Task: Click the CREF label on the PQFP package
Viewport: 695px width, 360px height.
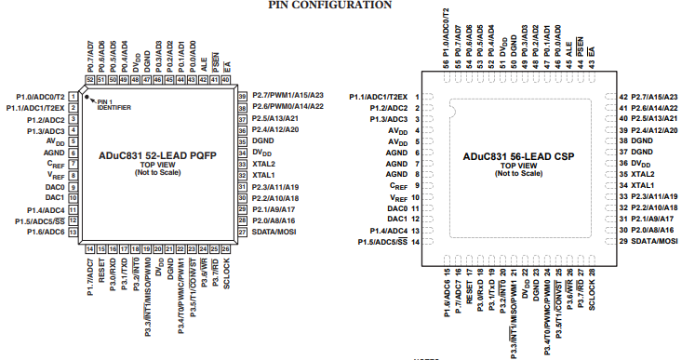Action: pos(56,163)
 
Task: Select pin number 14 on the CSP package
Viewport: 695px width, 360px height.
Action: pos(417,242)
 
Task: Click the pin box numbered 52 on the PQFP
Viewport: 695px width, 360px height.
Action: pos(90,80)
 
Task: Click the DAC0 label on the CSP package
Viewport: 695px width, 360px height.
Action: pos(396,208)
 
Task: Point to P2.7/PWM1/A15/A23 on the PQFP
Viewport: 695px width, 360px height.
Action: pos(287,96)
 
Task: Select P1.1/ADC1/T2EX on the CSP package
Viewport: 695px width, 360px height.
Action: pos(379,97)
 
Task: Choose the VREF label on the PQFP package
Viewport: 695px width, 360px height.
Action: pos(56,174)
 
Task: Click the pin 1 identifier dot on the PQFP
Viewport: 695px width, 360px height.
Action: pos(93,96)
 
